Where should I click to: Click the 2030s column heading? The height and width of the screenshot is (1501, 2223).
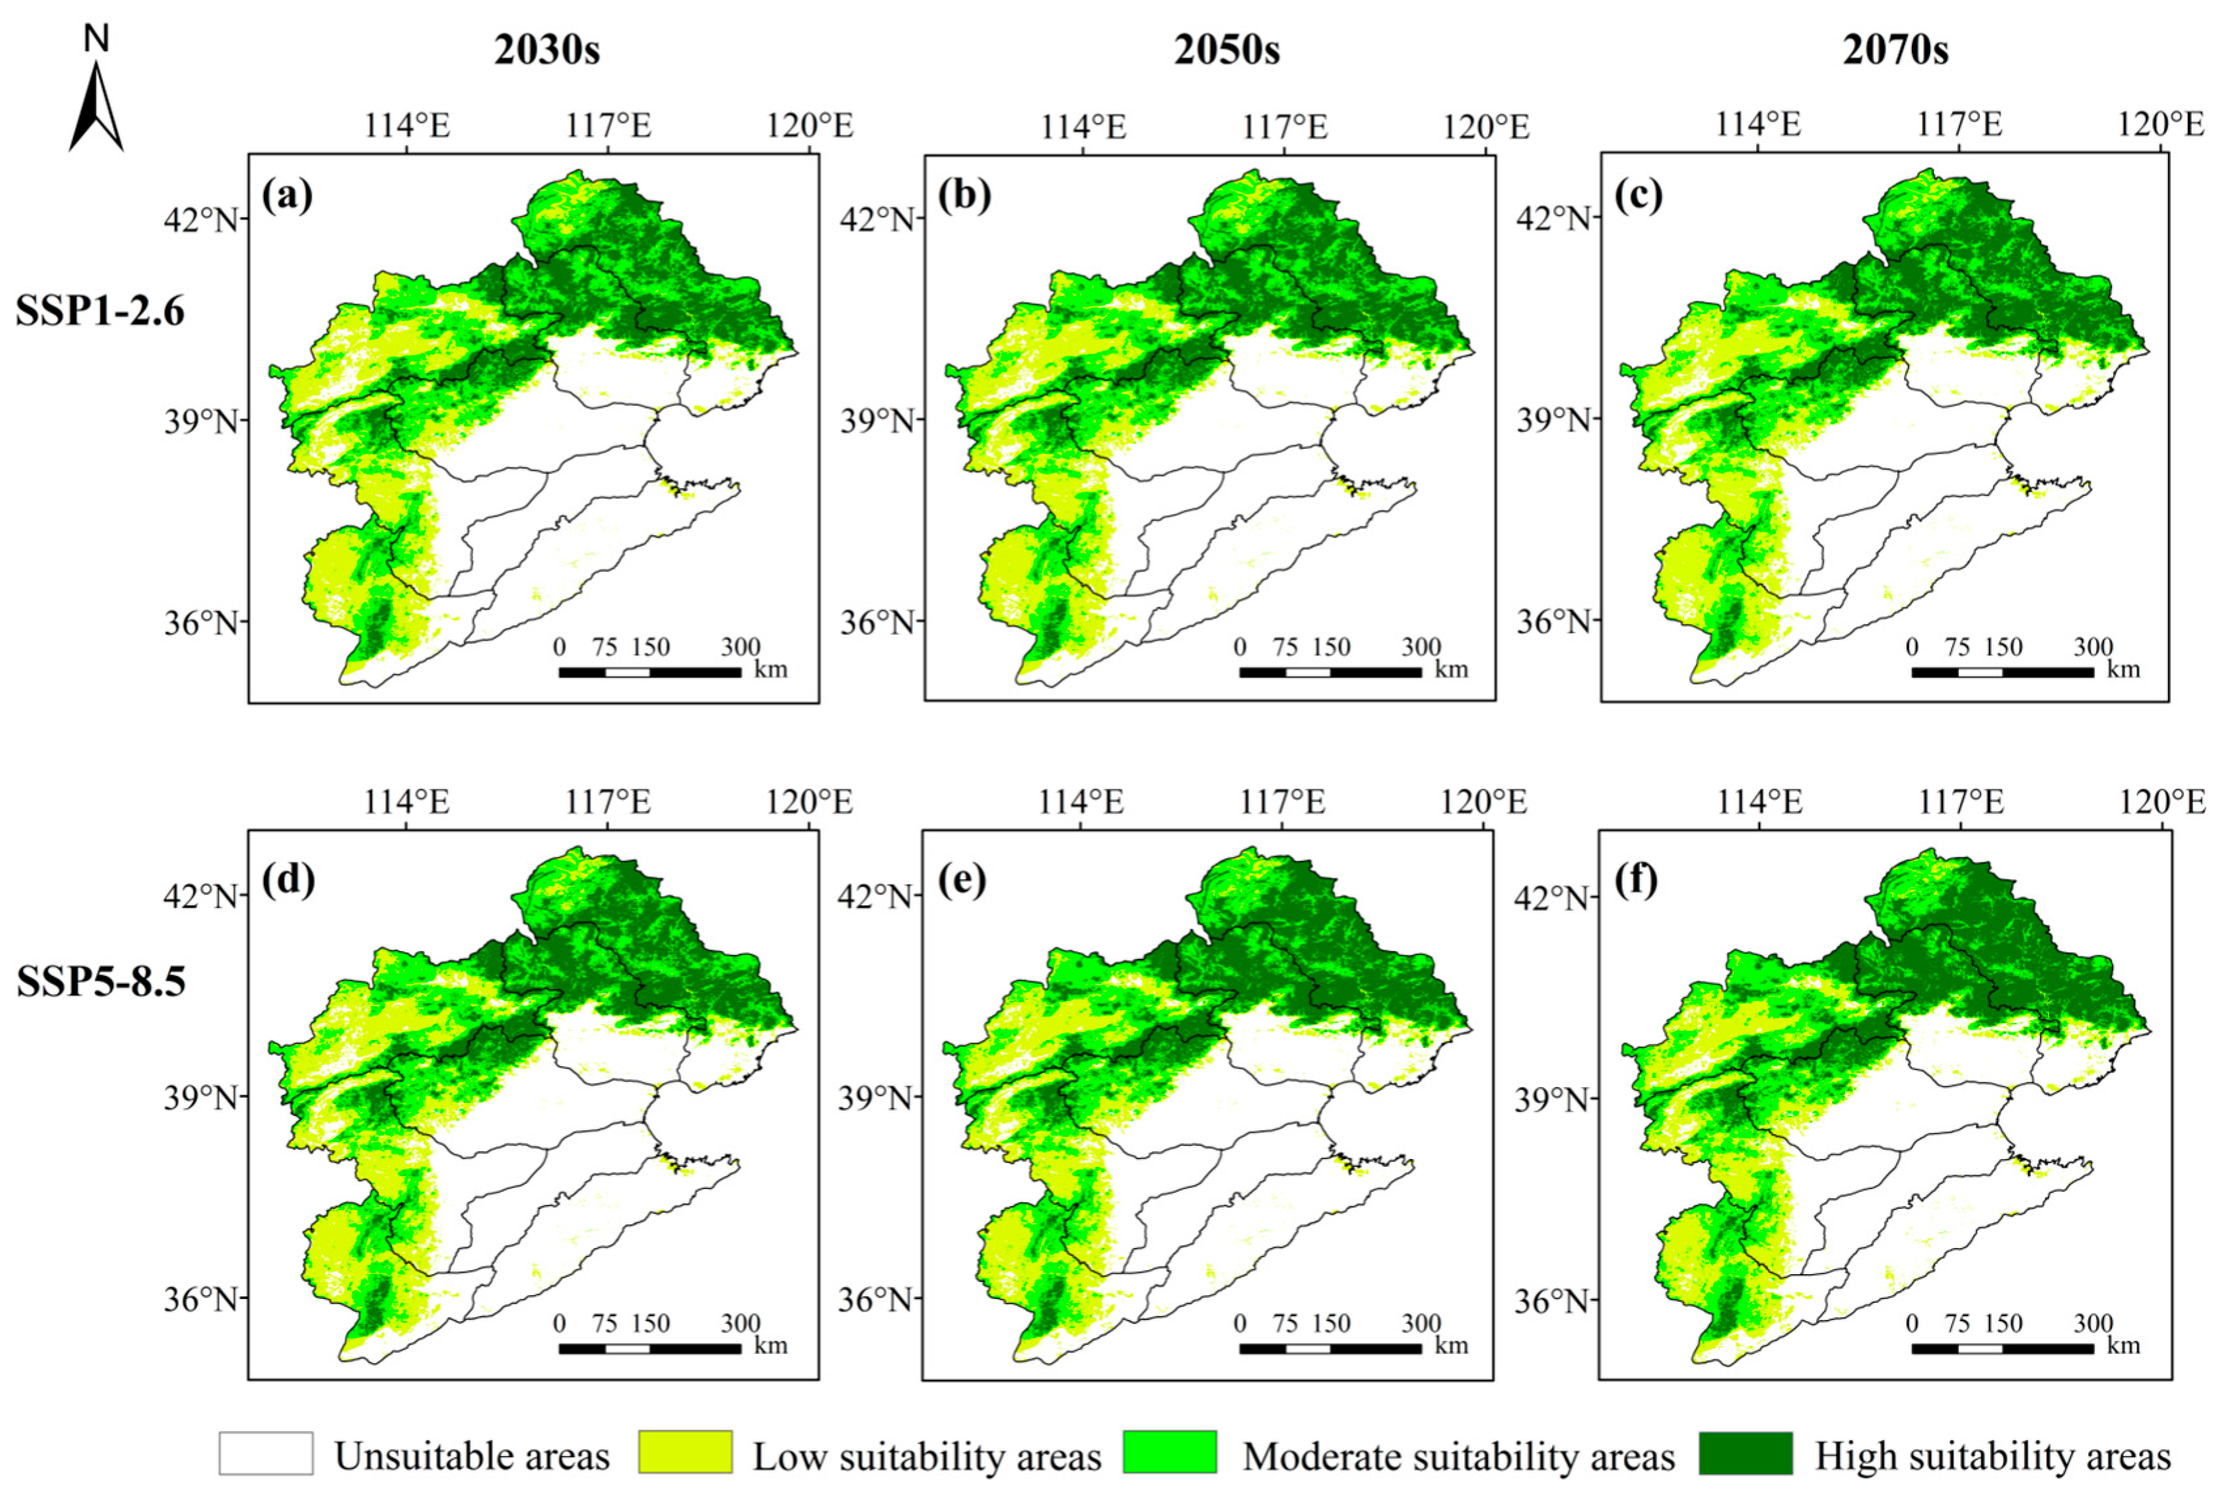547,50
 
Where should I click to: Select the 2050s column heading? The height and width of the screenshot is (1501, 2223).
1227,50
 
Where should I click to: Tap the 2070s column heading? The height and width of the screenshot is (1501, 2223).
1896,50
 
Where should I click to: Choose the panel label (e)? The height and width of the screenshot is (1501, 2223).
961,878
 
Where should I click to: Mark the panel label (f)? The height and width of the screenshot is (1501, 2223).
1637,878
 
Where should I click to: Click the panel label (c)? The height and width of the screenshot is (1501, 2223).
1638,196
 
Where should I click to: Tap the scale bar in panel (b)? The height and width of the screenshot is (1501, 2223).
1331,673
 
